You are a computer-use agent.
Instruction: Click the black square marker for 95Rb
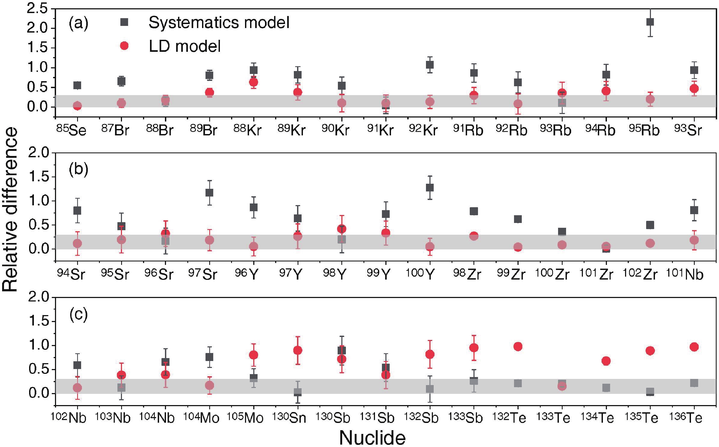point(650,22)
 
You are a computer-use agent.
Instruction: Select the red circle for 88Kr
point(253,82)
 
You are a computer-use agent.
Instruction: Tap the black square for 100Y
point(429,187)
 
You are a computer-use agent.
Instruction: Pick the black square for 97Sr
point(209,193)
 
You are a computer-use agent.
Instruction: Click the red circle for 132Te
point(518,347)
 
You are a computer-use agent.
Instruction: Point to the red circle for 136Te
point(694,347)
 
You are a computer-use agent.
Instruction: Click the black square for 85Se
point(77,85)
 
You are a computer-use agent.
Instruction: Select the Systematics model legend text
point(219,22)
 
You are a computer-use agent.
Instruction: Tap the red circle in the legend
point(124,46)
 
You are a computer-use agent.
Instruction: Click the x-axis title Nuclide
point(372,437)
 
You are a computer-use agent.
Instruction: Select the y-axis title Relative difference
point(10,210)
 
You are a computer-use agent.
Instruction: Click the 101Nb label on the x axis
point(685,274)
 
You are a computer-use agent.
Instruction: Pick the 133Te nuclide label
point(553,417)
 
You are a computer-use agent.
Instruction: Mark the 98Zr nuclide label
point(467,274)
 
